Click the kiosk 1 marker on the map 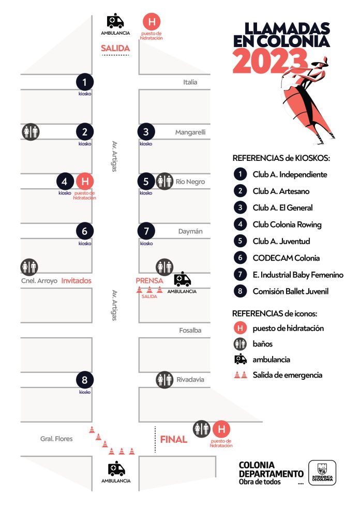click(x=85, y=82)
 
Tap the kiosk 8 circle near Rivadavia click(x=85, y=380)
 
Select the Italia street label click(x=190, y=82)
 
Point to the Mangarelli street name click(x=190, y=132)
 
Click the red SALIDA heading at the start click(x=115, y=48)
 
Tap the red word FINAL click(x=173, y=440)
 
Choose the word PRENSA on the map click(x=149, y=280)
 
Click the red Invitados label click(x=76, y=280)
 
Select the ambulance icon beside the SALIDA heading click(x=115, y=22)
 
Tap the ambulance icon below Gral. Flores click(x=116, y=469)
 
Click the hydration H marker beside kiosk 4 click(x=85, y=182)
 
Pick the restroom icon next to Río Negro click(x=164, y=181)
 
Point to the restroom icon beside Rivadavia click(x=164, y=380)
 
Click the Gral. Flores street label click(x=56, y=439)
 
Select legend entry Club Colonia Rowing click(x=287, y=224)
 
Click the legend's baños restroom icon click(x=240, y=343)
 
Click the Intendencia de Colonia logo click(x=322, y=473)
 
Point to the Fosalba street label click(x=191, y=330)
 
